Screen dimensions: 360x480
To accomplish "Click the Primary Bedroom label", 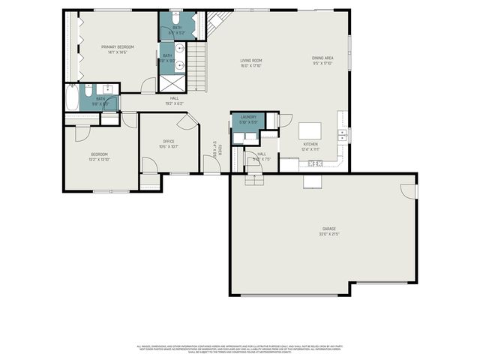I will click(115, 46).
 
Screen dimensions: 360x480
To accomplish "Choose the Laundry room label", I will click(248, 117).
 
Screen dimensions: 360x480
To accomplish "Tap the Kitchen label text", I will click(310, 143).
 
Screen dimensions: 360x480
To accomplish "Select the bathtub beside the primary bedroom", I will click(72, 98).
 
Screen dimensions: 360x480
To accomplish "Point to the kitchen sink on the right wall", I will click(341, 135).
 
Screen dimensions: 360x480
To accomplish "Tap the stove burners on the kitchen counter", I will click(314, 163).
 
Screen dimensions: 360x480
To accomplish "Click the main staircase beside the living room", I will click(196, 67).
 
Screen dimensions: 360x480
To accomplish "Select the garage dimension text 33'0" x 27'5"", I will click(328, 234).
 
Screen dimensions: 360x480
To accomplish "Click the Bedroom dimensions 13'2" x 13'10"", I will click(100, 160).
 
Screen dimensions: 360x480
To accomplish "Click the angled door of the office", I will click(187, 122).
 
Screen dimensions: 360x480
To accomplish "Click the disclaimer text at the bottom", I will click(240, 349).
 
